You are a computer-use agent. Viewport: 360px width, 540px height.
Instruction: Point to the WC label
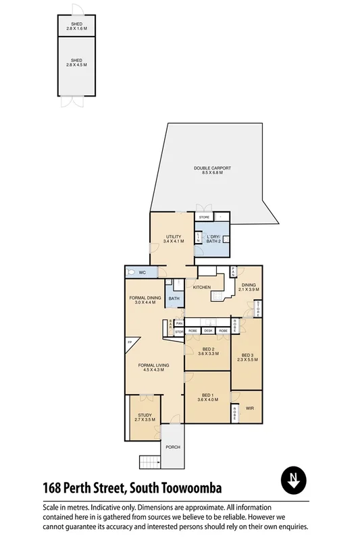[x=143, y=273]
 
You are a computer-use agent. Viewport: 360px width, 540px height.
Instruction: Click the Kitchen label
[x=203, y=288]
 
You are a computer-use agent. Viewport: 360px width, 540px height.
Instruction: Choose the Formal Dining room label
[x=145, y=300]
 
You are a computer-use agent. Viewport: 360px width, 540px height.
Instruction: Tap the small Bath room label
[x=174, y=299]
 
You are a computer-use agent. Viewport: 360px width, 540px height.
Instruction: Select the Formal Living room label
[x=153, y=367]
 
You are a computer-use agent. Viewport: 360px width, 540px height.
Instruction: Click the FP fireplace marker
[x=130, y=343]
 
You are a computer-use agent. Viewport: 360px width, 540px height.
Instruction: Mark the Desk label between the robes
[x=208, y=331]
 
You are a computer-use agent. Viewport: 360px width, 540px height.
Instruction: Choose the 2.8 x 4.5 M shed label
[x=76, y=64]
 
